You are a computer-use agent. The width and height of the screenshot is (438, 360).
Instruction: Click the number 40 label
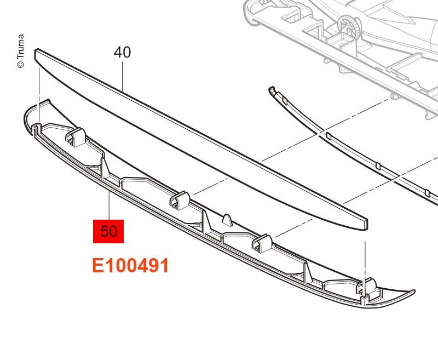coord(122,53)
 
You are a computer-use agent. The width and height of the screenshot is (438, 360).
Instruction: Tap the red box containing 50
coord(109,231)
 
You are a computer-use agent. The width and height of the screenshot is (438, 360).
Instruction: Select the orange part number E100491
coord(130,266)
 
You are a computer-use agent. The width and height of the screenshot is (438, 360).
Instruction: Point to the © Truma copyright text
coord(21,52)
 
